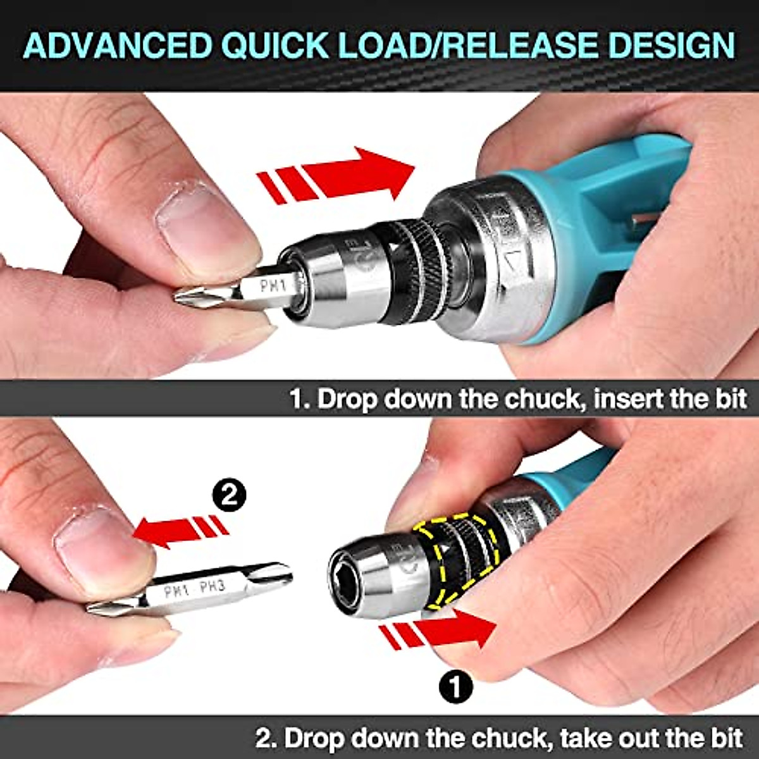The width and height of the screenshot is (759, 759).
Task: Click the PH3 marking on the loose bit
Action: [212, 588]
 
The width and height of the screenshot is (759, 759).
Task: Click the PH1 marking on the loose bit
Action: [177, 592]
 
